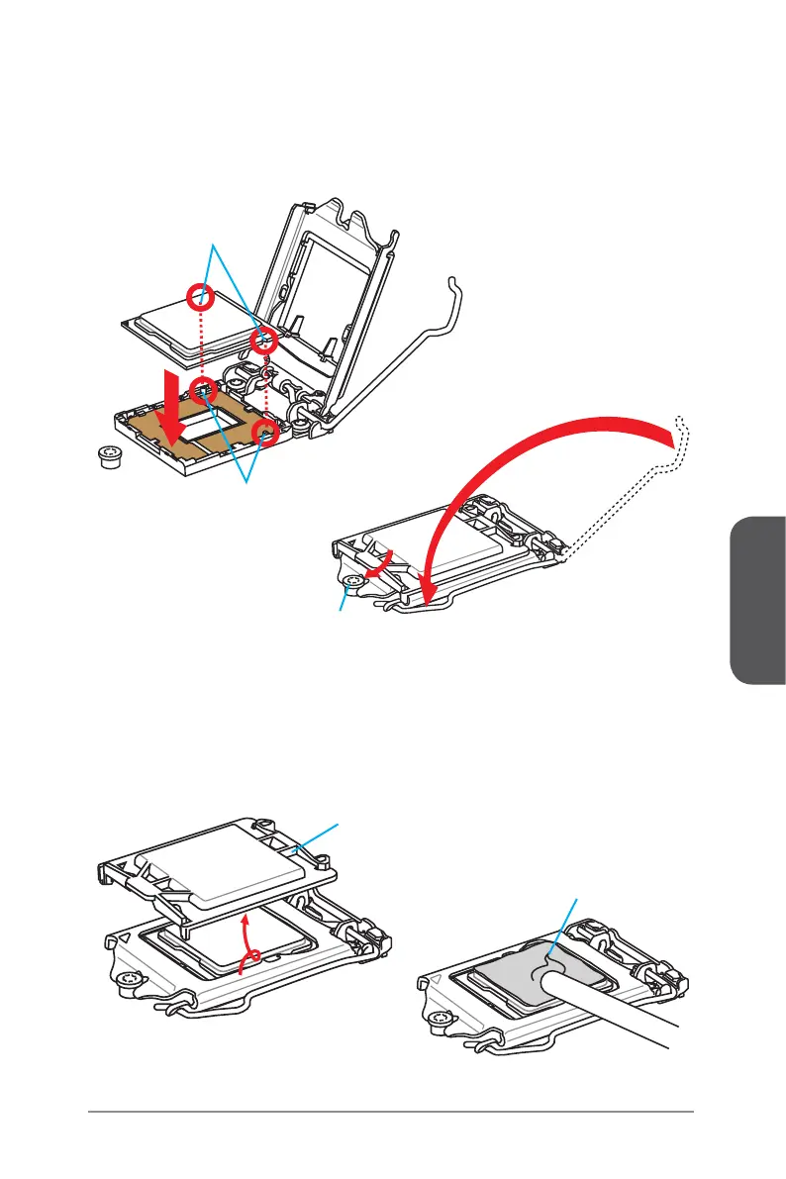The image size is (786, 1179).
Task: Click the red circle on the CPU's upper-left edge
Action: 202,294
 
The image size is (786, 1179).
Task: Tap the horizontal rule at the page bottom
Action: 391,1112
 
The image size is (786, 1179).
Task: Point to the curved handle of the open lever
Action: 455,287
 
